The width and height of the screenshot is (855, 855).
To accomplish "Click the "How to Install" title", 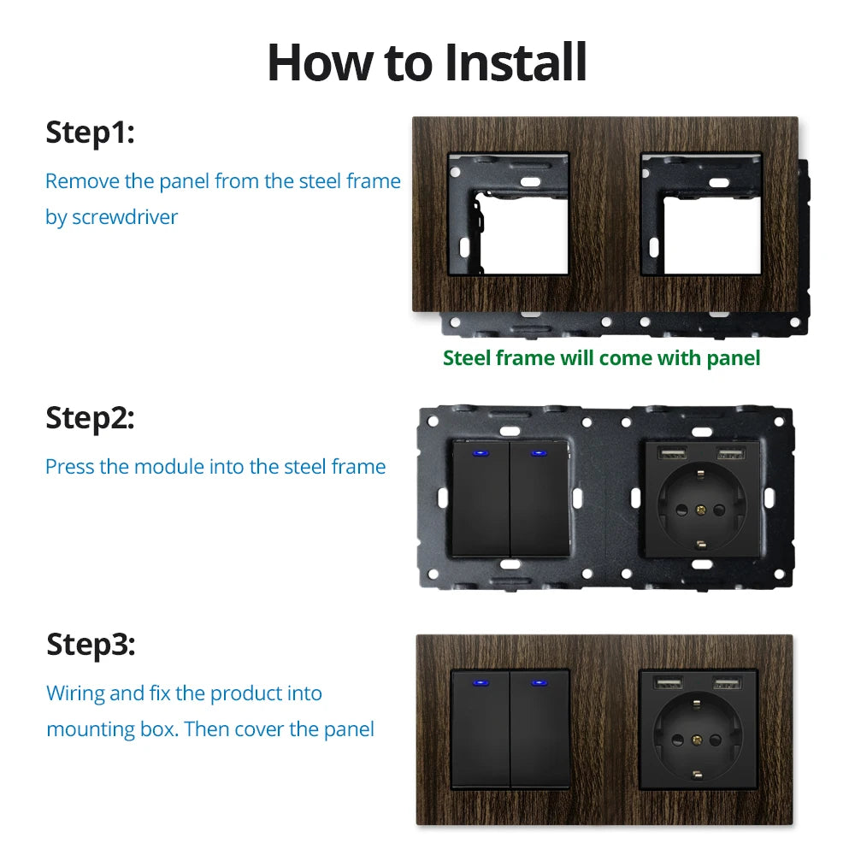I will click(427, 62).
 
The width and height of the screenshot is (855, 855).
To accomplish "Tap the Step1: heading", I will click(90, 133).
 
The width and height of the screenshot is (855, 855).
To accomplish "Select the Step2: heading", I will click(90, 418).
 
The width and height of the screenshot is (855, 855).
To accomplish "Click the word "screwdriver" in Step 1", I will click(125, 217).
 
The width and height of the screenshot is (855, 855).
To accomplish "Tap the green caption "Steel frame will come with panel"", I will click(601, 358).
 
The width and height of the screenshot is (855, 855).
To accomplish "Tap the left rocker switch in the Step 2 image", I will click(481, 500).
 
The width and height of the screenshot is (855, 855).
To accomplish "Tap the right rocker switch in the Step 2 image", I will click(540, 500).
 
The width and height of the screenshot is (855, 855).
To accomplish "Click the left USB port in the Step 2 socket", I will click(669, 453).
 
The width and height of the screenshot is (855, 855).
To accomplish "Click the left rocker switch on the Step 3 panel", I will click(481, 731).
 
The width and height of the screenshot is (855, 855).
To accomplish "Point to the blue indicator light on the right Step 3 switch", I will click(540, 683).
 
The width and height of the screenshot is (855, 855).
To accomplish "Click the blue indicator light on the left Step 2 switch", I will click(481, 453).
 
